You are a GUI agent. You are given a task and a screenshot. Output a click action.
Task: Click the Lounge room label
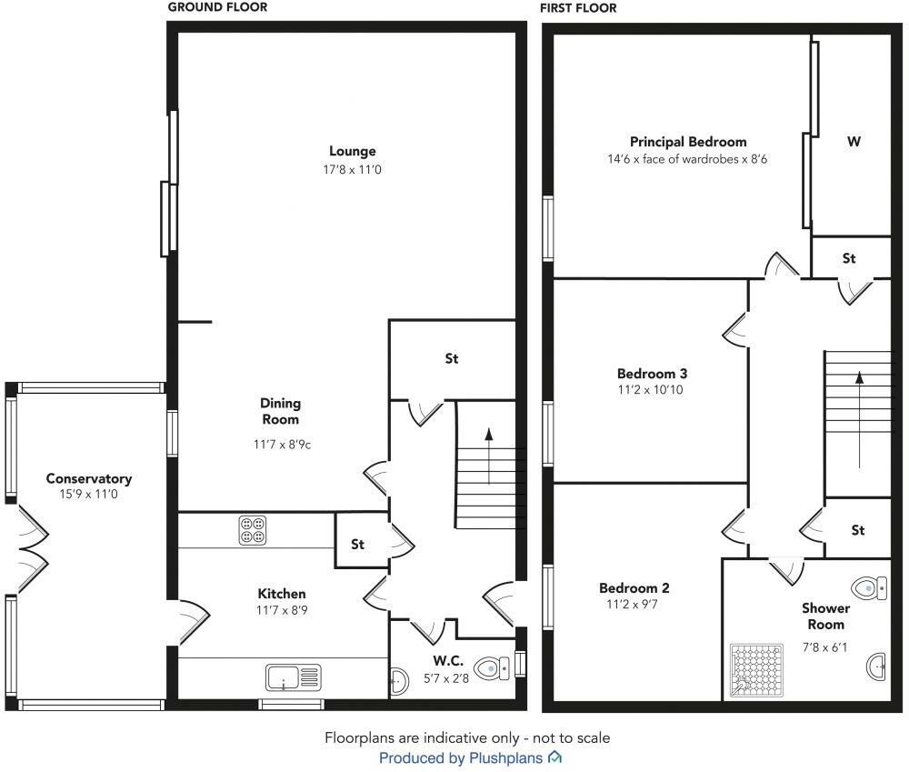point(353,151)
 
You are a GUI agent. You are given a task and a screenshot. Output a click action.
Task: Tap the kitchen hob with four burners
point(253,530)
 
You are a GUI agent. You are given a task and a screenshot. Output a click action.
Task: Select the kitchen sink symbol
point(294,677)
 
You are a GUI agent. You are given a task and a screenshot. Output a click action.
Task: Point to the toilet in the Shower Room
point(869,588)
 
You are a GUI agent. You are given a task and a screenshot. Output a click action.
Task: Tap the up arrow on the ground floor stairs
point(489,456)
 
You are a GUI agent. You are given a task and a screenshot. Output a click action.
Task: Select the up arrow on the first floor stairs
point(859,420)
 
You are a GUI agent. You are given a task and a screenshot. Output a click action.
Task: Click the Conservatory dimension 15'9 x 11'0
point(89,494)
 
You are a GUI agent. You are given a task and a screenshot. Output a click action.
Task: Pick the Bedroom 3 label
point(652,374)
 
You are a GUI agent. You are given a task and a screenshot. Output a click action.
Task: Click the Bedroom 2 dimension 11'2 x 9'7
point(632,605)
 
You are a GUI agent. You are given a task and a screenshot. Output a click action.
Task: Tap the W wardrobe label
point(854,142)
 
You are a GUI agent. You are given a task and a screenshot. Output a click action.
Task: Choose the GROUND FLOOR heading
point(217,7)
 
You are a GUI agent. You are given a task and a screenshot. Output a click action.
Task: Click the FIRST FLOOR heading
point(578,8)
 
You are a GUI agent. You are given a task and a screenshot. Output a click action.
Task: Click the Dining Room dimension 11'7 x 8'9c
point(283,445)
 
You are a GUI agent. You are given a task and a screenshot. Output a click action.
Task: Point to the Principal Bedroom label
point(688,142)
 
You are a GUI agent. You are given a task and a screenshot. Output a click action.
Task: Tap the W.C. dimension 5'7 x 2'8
point(445,678)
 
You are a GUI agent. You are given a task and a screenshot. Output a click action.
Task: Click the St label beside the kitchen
point(357,544)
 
